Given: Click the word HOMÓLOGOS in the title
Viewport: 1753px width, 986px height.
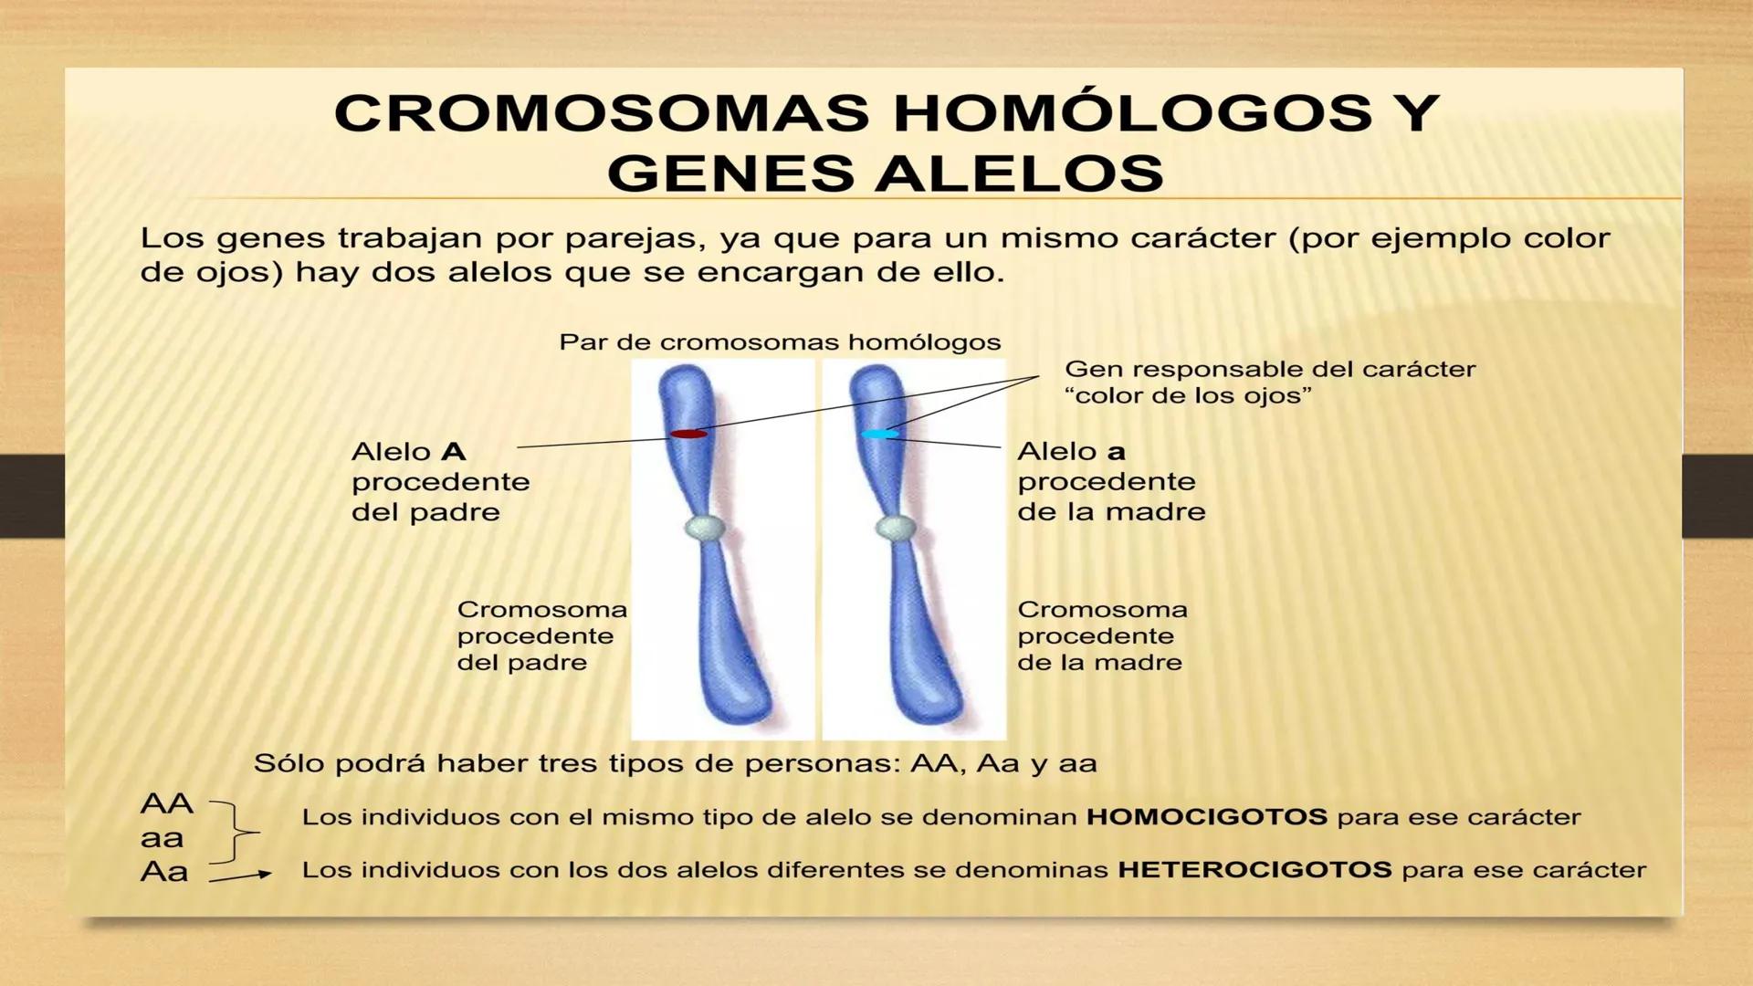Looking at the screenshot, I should click(x=1132, y=113).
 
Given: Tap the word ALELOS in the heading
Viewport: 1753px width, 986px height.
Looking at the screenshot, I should click(x=1020, y=173).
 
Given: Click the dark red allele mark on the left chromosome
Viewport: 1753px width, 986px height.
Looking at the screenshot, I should click(x=688, y=434).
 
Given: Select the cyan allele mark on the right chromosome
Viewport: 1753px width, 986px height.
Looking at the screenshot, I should click(x=878, y=435).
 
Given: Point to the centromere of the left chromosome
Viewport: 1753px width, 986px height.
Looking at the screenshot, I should click(x=705, y=528).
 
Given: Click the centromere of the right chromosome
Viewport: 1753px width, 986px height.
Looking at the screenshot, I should click(x=896, y=528).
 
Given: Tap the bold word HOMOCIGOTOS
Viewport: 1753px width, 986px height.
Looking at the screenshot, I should click(x=1206, y=817).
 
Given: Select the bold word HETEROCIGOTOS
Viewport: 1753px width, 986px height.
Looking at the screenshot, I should click(x=1254, y=870).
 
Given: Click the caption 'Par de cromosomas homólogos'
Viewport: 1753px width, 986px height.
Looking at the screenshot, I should click(x=780, y=343).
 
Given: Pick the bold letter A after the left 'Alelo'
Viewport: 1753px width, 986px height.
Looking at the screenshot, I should click(x=454, y=452).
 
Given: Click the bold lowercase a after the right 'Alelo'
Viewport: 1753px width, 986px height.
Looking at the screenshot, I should click(x=1116, y=452).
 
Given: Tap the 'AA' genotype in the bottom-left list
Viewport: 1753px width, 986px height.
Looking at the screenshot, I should click(x=166, y=804).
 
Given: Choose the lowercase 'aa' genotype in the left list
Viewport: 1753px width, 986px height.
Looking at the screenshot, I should click(x=162, y=838).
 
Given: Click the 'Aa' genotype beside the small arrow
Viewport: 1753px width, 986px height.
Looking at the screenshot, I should click(x=164, y=872).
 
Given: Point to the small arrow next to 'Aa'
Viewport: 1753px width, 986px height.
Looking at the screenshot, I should click(x=240, y=877).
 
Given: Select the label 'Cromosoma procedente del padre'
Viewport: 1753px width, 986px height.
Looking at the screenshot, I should click(x=541, y=636).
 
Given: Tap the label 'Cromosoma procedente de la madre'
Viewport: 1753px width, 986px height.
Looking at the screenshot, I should click(x=1102, y=636).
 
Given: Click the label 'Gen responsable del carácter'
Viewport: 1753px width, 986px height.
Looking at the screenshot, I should click(x=1269, y=370).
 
